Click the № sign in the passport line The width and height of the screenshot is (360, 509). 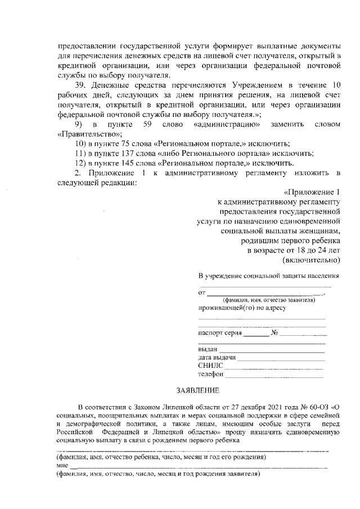point(275,333)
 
